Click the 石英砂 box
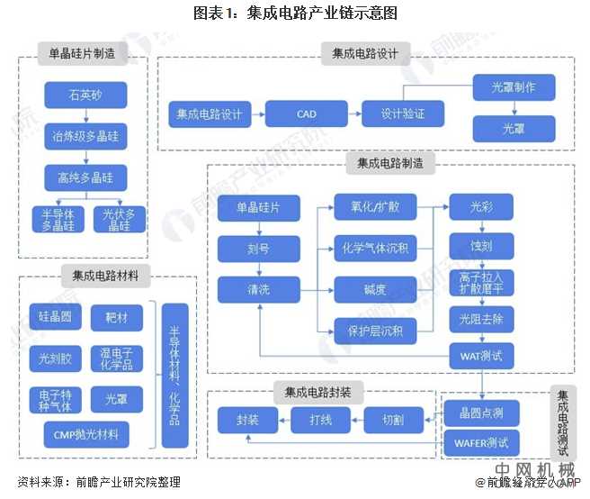coord(85,94)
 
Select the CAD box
coord(306,114)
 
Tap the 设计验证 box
coord(402,114)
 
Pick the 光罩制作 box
coord(514,88)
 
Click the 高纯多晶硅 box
coord(85,177)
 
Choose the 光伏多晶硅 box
coord(117,220)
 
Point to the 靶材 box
coord(117,317)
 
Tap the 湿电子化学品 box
coord(117,358)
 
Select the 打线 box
coord(320,420)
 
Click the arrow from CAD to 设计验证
coord(347,114)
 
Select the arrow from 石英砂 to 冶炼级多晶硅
coord(85,115)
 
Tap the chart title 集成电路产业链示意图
coord(294,13)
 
